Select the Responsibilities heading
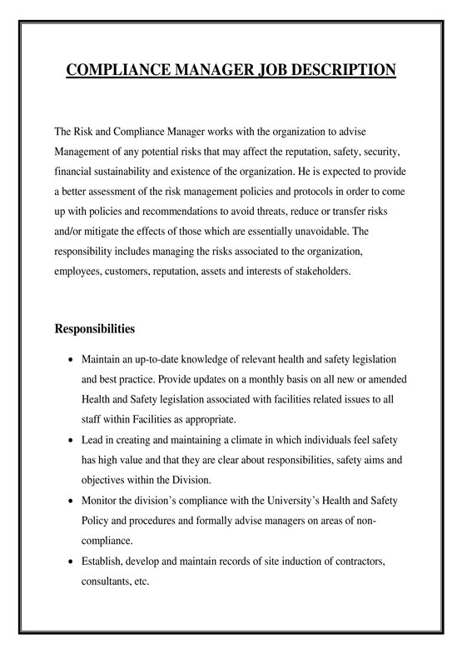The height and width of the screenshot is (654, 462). [94, 329]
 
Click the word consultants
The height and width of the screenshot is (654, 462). [107, 582]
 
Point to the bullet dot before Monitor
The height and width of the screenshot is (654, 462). [69, 501]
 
